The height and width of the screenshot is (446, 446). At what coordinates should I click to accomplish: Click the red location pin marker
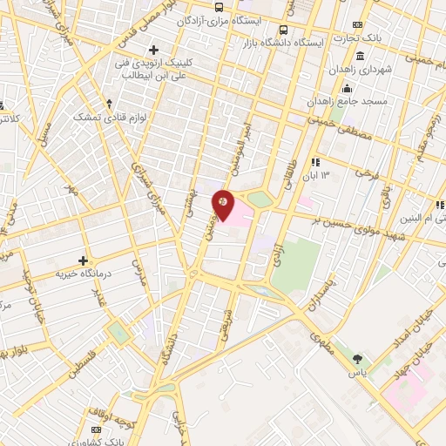[224, 202]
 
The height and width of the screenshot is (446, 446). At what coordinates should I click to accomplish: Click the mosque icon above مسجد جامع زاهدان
[348, 87]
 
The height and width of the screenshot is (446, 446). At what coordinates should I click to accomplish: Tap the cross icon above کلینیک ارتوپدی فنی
[154, 49]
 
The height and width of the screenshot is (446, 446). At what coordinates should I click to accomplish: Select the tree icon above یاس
[358, 358]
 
